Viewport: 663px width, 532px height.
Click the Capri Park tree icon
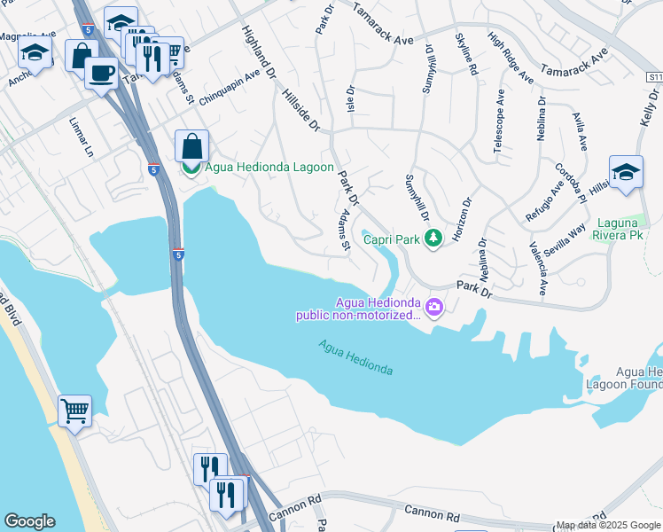tap(433, 238)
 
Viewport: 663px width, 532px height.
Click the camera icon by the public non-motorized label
tap(434, 308)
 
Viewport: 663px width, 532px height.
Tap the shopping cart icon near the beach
tap(74, 411)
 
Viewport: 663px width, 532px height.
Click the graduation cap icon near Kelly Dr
tap(625, 172)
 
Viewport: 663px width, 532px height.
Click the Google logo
tap(29, 521)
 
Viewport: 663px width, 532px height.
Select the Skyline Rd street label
tap(467, 54)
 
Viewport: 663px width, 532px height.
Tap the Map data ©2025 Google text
tap(608, 525)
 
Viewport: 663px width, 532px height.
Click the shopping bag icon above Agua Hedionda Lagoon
tap(191, 145)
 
